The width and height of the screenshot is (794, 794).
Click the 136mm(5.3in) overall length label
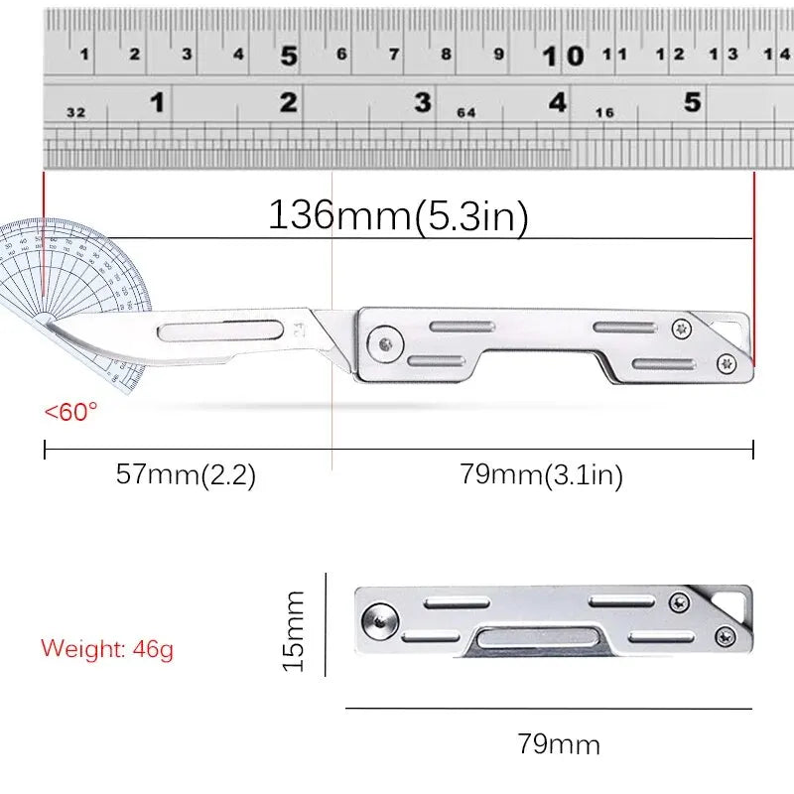coord(398,215)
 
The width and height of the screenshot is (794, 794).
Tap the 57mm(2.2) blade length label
coord(187,474)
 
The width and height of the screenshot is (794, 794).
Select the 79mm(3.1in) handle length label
coord(541,475)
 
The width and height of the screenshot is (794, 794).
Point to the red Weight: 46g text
coord(107,649)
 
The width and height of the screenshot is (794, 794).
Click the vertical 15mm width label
coord(295,629)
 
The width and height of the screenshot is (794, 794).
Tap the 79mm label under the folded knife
coord(558,743)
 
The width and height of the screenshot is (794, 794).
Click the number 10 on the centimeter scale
coord(563,57)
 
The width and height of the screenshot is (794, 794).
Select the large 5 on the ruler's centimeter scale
coord(288,57)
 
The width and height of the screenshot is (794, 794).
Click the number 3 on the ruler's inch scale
coord(423,102)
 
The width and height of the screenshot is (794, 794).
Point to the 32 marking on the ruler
coord(75,112)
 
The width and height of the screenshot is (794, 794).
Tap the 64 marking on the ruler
coord(466,112)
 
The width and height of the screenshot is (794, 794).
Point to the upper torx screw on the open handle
coord(681,327)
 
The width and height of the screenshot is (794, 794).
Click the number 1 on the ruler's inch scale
coord(157,102)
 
